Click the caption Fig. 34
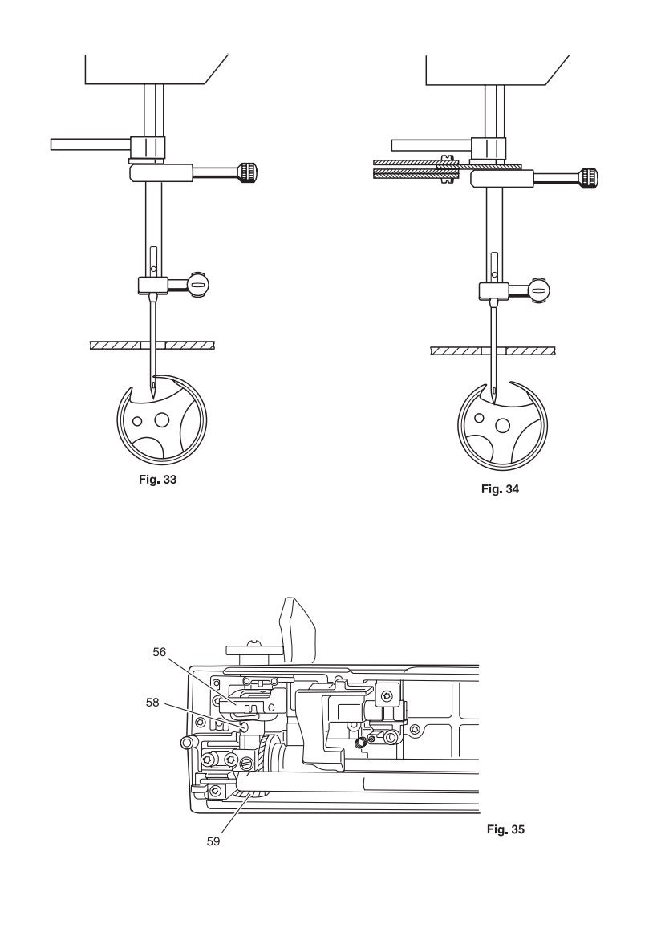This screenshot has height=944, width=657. tap(500, 489)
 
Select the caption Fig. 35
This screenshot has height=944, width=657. tap(505, 829)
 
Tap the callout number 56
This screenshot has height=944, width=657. tap(160, 652)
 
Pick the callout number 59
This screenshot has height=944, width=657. tap(213, 841)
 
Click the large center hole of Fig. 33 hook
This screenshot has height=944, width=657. tap(162, 419)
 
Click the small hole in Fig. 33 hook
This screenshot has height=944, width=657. tap(138, 421)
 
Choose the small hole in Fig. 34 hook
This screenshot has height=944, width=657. tap(479, 417)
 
